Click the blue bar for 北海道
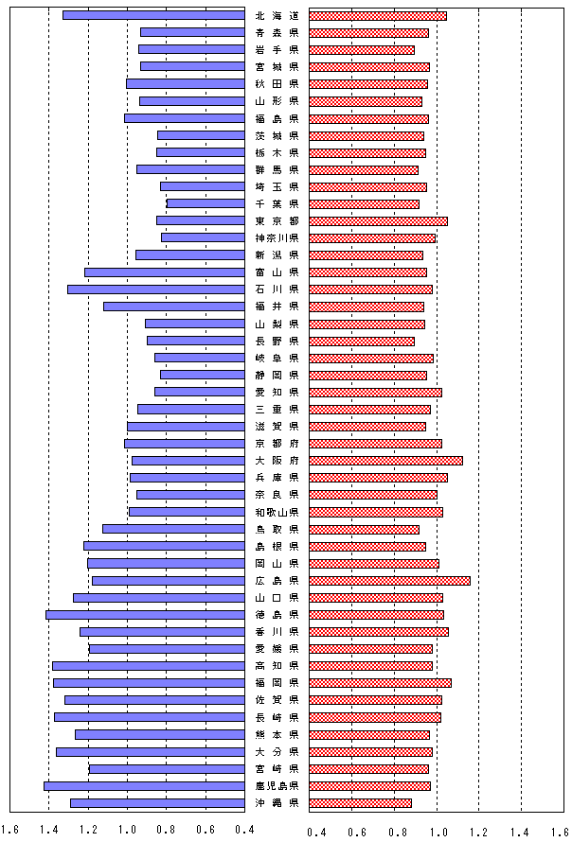153,15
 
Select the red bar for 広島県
389,580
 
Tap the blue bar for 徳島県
145,615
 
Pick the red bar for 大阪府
385,461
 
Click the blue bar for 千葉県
206,203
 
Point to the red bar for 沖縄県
360,802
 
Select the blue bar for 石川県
156,289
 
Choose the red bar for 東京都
378,220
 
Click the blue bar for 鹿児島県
144,785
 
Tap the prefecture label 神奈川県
277,237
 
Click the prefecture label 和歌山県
277,512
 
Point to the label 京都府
277,443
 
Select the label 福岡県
277,682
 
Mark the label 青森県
277,32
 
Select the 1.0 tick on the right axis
438,833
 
